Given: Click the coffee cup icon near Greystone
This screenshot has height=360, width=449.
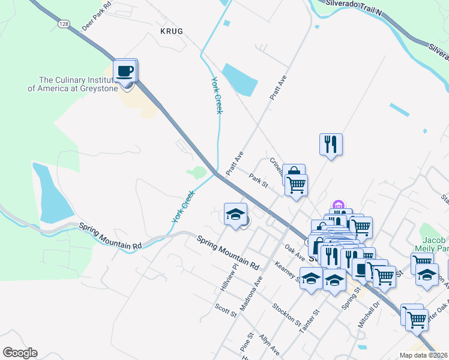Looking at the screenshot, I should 125,71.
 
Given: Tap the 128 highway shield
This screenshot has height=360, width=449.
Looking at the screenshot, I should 64,23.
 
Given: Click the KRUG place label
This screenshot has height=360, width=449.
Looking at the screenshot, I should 170,30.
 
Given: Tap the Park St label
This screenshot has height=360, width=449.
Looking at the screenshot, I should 258,179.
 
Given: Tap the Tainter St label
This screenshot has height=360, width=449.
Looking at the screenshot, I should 310,319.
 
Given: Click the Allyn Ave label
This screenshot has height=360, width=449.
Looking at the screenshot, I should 269,345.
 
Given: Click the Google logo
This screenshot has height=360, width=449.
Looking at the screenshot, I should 20,353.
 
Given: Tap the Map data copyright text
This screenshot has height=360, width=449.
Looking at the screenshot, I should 422,355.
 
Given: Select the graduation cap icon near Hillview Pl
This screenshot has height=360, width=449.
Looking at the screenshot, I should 236,214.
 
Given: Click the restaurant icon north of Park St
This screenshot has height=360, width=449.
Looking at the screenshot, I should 331,145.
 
